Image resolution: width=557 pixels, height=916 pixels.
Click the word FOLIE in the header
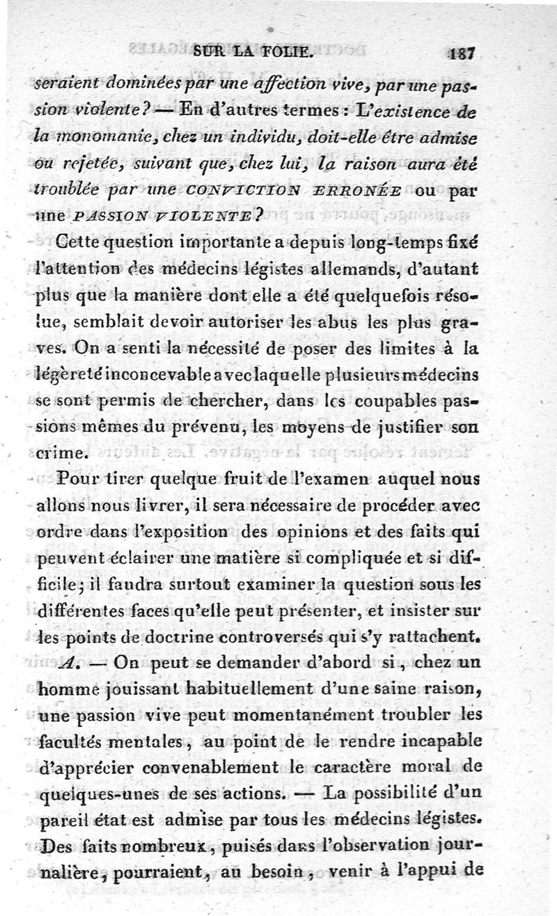[x=284, y=51]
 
